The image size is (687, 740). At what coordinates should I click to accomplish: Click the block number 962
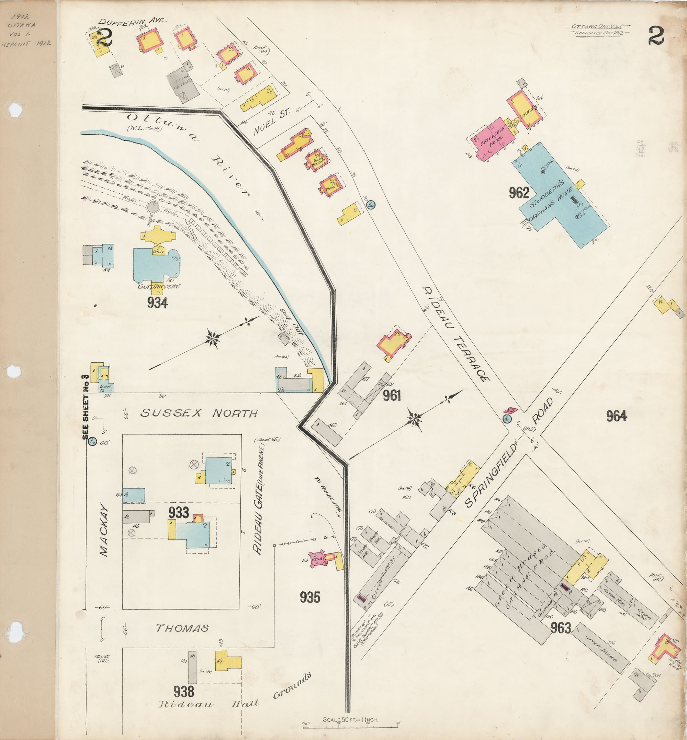click(x=519, y=193)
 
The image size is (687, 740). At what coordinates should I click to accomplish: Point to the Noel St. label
click(x=271, y=123)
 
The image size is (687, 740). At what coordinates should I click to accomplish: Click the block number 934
click(x=157, y=303)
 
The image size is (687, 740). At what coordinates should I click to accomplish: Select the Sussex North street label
click(x=199, y=413)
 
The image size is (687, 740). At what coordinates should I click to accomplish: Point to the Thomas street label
click(x=182, y=628)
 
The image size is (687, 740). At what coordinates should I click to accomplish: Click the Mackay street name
click(x=104, y=530)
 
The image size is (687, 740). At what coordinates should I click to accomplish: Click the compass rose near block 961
click(x=414, y=419)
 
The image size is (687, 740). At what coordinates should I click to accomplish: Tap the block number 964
click(x=616, y=416)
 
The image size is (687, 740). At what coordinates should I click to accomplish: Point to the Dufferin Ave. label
click(x=132, y=22)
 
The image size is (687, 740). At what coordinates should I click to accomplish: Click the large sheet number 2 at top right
click(x=656, y=36)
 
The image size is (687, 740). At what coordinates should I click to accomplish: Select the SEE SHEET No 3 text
click(x=86, y=407)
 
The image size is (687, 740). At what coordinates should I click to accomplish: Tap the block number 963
click(x=561, y=628)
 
